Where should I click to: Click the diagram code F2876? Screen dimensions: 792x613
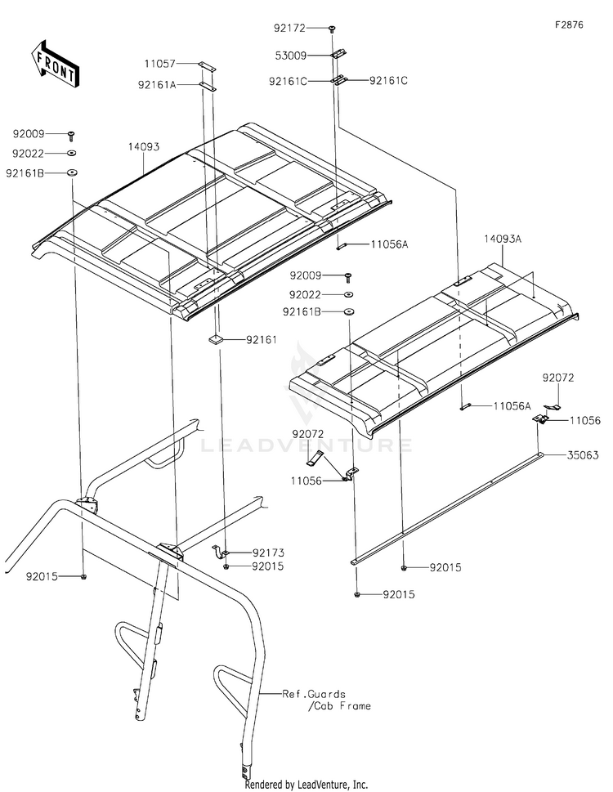[x=569, y=25]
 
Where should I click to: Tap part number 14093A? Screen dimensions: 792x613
[x=502, y=239]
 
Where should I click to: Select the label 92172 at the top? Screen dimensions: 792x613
[x=289, y=28]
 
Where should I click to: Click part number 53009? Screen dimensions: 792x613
[x=289, y=56]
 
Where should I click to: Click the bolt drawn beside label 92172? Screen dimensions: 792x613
[x=333, y=29]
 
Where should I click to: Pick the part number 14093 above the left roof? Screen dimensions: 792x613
[x=142, y=147]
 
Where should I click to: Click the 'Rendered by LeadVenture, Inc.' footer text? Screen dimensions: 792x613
[x=306, y=784]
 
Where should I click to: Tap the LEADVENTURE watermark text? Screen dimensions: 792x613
[x=306, y=445]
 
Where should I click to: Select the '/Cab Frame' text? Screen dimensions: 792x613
[x=339, y=705]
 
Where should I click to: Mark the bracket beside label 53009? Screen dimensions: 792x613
[x=337, y=56]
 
